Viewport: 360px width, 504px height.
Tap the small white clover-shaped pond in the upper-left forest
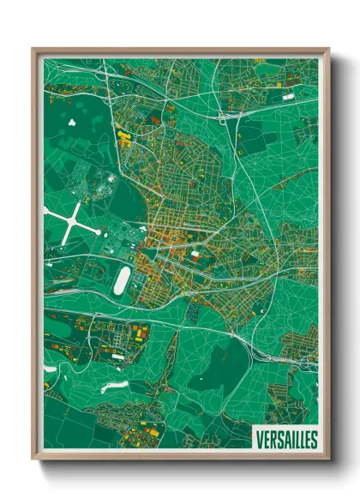[x=69, y=122]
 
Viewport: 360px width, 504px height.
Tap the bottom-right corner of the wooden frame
[x=328, y=461]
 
